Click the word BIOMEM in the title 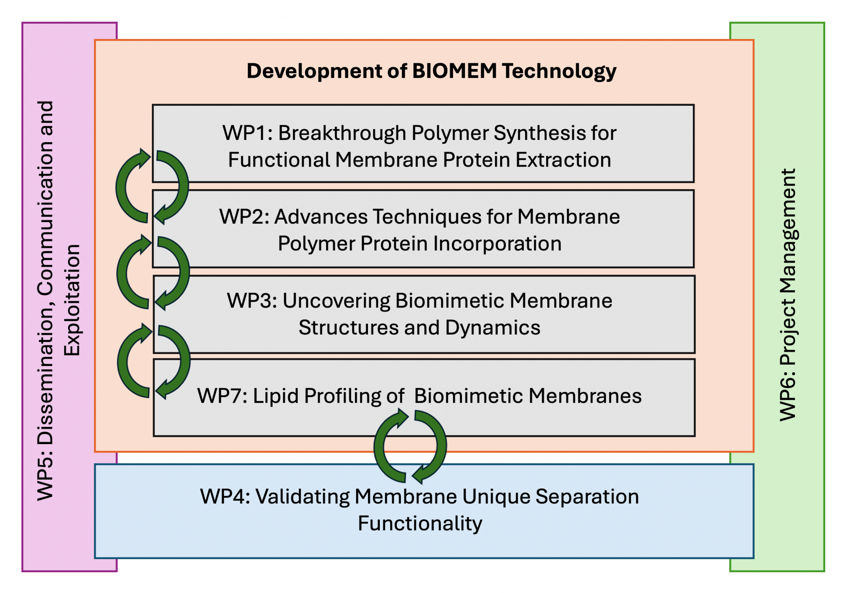coord(454,71)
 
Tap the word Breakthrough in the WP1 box coord(342,133)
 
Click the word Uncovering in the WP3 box coord(336,301)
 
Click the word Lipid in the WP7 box coord(276,396)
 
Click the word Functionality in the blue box coord(420,524)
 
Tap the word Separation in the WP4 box coord(587,497)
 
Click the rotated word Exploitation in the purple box coord(72,300)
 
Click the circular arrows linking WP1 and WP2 coord(152,186)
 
